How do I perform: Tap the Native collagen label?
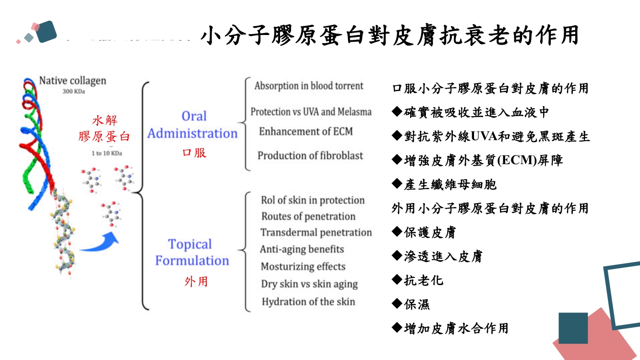click(x=72, y=80)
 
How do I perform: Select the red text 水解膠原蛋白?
click(x=105, y=128)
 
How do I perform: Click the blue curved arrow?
click(x=100, y=243)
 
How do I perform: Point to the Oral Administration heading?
click(x=193, y=125)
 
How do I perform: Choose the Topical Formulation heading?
click(x=191, y=252)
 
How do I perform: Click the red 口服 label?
click(x=194, y=153)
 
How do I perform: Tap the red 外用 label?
click(x=196, y=281)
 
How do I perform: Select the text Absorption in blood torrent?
click(x=309, y=86)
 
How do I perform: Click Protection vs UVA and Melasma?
click(x=311, y=112)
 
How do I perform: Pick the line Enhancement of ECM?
click(x=306, y=132)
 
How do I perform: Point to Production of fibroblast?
click(x=310, y=156)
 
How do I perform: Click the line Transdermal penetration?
click(x=316, y=233)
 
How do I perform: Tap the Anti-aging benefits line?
click(x=302, y=249)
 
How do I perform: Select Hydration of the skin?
click(x=308, y=302)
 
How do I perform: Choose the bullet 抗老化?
click(x=418, y=280)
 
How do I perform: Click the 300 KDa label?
click(x=73, y=92)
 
